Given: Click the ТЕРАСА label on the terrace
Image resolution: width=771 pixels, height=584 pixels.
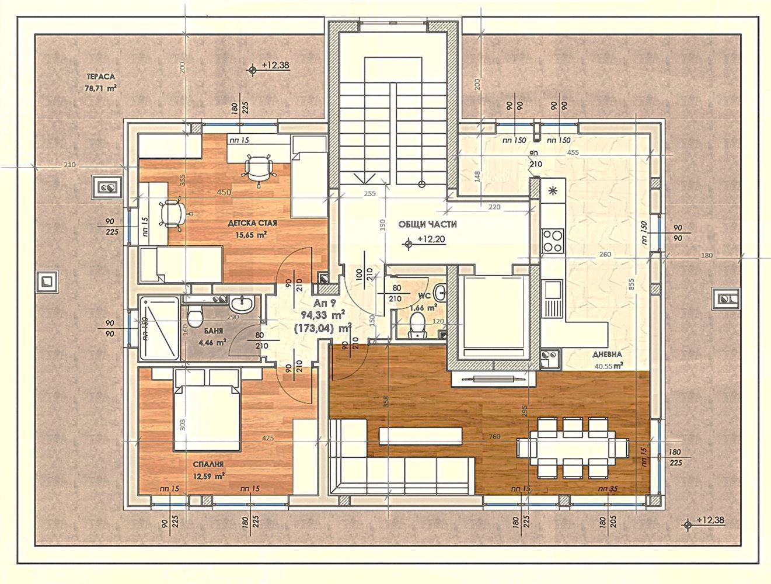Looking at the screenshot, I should tap(100, 77).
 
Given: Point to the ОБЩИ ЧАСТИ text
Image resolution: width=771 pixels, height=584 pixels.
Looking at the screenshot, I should tap(428, 224).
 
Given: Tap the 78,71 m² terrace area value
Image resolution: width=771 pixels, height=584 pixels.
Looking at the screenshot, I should tap(100, 89).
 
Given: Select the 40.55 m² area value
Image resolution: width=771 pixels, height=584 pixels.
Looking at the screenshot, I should tap(608, 366).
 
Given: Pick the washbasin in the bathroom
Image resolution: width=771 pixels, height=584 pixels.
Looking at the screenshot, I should tap(242, 304).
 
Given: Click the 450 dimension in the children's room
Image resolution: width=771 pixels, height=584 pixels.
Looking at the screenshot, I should tap(223, 192).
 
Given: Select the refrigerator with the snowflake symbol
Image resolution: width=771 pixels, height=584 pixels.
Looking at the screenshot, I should tap(552, 190).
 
